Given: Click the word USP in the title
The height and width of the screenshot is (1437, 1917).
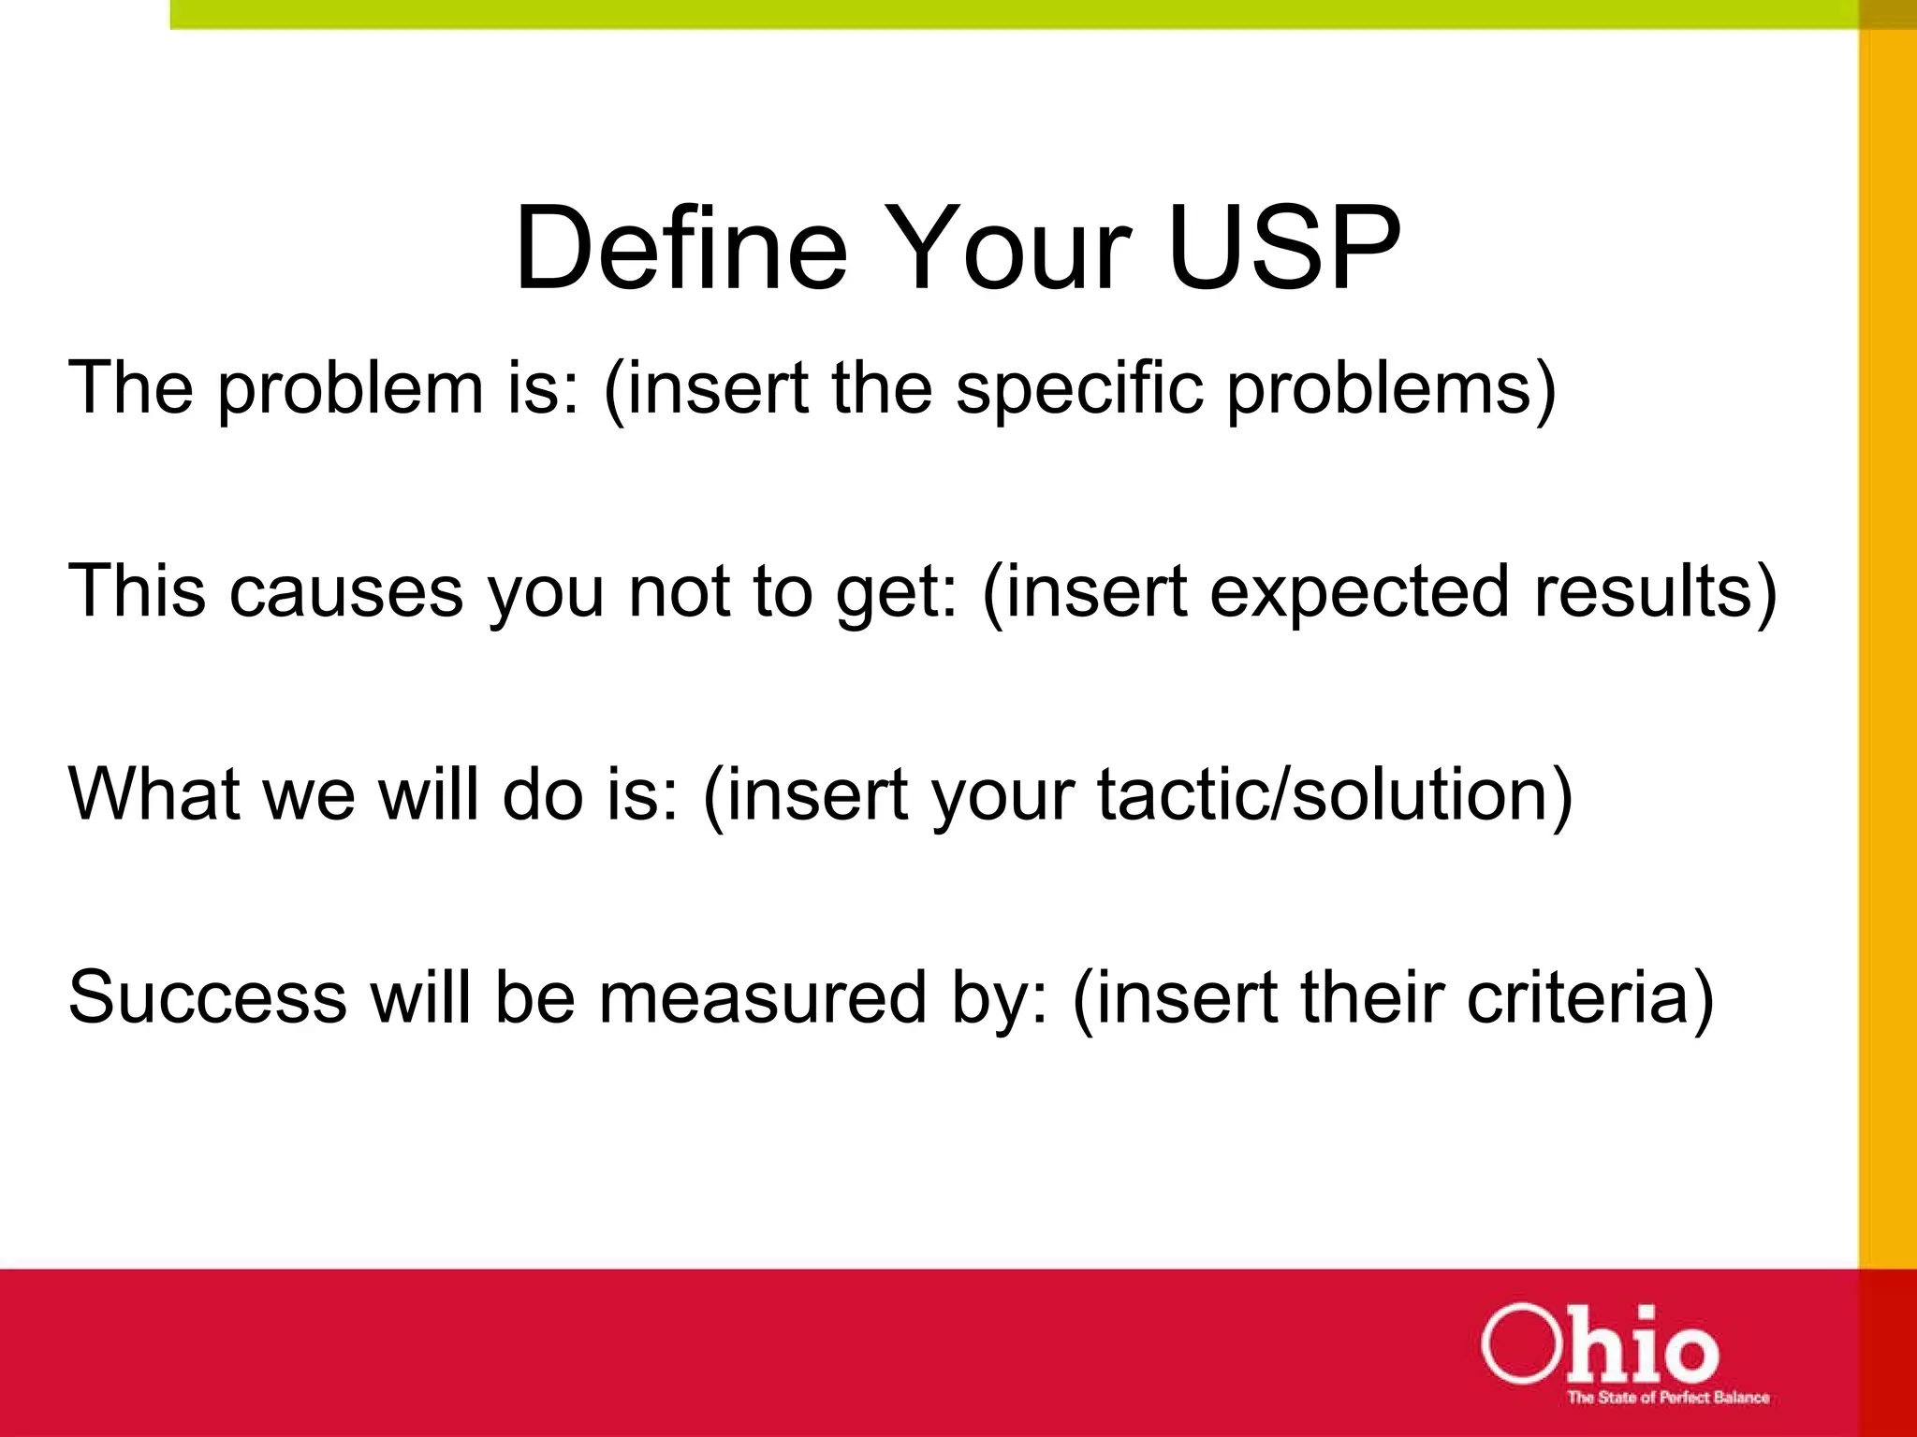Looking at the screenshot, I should click(1284, 249).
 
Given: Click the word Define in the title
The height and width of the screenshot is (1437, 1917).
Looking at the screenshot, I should click(680, 249).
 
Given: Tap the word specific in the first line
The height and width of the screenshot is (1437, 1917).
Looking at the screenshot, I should click(1078, 389).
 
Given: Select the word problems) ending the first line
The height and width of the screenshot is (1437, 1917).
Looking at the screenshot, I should click(1392, 389).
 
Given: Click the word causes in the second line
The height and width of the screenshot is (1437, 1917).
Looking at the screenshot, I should click(346, 592).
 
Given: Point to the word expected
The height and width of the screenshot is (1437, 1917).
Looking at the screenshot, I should click(1359, 592).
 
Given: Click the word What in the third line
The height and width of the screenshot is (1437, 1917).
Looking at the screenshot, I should click(154, 794).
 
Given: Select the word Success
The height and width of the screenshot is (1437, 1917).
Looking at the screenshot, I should click(208, 997).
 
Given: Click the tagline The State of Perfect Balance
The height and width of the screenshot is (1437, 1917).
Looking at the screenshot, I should click(1668, 1398).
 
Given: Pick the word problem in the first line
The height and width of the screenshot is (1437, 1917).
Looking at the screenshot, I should click(349, 389).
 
